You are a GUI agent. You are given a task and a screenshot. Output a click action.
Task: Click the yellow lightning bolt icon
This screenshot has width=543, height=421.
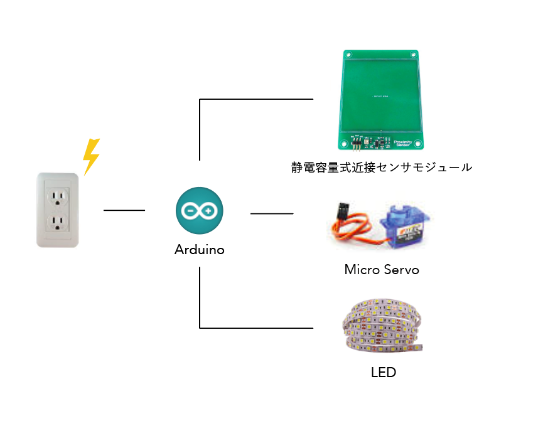click(92, 156)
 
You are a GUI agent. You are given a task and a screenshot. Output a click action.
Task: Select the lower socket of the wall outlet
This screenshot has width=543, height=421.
click(58, 223)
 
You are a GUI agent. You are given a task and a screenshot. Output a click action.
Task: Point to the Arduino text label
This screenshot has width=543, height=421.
click(199, 250)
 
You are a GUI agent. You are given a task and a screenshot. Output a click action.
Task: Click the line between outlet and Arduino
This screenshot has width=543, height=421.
click(124, 210)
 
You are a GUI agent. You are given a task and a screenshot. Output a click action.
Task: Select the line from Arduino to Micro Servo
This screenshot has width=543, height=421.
click(272, 214)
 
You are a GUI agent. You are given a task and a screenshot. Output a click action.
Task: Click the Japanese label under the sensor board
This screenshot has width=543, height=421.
click(381, 168)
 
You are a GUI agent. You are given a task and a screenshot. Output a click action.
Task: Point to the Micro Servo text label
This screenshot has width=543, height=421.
click(381, 270)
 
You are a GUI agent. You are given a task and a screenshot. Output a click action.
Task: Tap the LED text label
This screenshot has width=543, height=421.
click(384, 372)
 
